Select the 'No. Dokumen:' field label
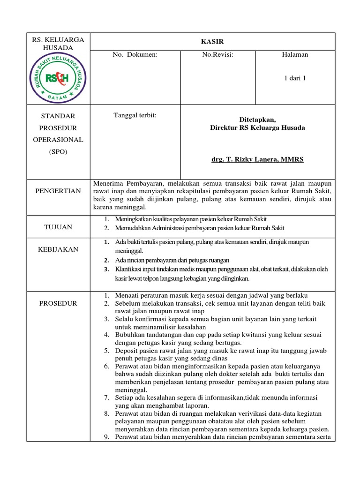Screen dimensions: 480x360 coord(135,55)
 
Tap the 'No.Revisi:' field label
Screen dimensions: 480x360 coord(217,55)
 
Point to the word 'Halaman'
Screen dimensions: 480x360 coord(295,55)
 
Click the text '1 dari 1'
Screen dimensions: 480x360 coord(295,78)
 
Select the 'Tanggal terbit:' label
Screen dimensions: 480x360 coord(135,115)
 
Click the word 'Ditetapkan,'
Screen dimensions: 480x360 coord(257,119)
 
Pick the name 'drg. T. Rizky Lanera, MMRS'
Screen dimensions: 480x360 coord(257,159)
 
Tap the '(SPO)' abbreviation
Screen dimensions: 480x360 coord(58,151)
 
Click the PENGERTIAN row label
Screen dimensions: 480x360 coord(58,191)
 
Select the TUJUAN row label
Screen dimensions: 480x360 coord(58,227)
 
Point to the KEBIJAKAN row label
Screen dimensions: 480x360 coord(58,249)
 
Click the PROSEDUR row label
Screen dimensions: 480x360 coord(58,303)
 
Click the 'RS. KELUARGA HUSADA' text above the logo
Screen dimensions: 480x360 coord(58,44)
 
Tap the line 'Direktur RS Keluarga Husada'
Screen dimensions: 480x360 coord(257,128)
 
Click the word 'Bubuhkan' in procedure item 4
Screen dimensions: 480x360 coord(130,335)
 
